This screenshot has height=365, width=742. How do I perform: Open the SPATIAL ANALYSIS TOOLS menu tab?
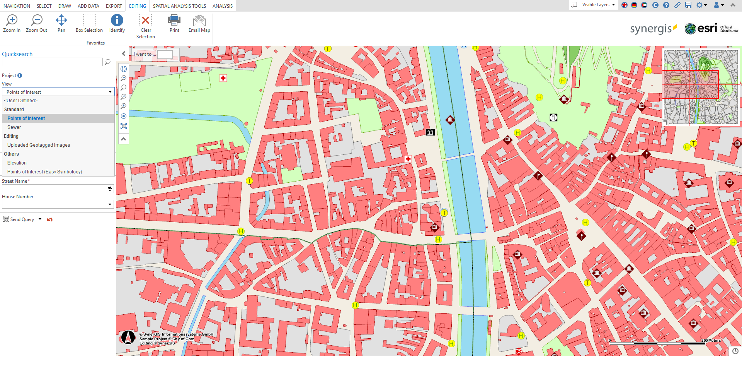[x=179, y=6]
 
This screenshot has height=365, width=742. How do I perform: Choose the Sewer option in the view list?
[x=14, y=127]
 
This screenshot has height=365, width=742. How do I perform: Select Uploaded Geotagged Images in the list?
[x=39, y=145]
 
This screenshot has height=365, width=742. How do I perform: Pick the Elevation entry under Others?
[x=17, y=163]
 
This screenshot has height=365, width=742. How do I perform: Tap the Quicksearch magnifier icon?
[x=107, y=62]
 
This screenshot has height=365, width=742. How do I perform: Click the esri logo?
[x=701, y=28]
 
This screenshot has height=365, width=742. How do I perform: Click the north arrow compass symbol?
[x=128, y=337]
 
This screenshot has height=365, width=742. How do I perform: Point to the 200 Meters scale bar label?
[x=711, y=341]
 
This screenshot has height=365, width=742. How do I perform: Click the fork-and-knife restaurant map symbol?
[x=553, y=117]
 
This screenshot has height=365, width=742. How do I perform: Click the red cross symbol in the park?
[x=223, y=78]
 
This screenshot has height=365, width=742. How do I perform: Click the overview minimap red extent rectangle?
[x=691, y=85]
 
